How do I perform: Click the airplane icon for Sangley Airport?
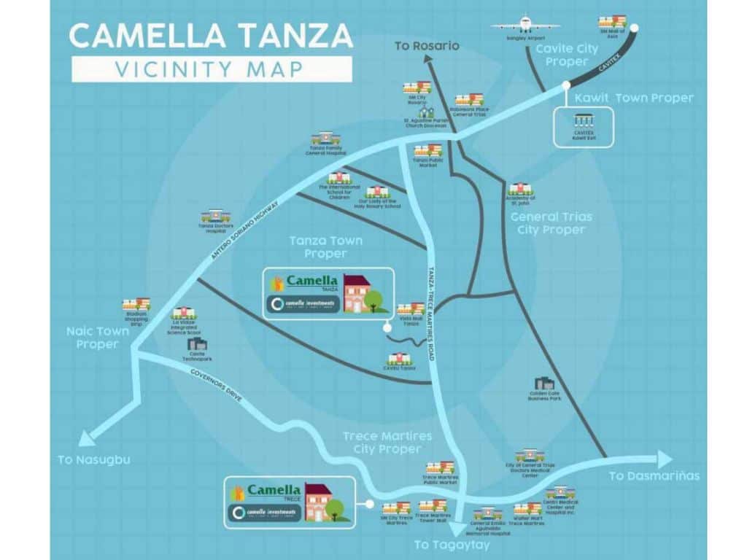(525, 23)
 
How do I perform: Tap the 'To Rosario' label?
(427, 46)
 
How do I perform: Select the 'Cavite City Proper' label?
(567, 55)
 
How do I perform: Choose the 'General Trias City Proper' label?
(551, 223)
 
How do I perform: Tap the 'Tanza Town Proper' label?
(317, 246)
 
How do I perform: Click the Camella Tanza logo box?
(328, 293)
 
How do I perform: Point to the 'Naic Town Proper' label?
(97, 338)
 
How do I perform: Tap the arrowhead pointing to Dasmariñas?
(664, 459)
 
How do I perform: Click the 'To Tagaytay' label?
(452, 545)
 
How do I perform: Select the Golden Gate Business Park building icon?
(544, 383)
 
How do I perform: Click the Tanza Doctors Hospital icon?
(215, 215)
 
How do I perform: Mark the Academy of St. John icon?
(520, 189)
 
